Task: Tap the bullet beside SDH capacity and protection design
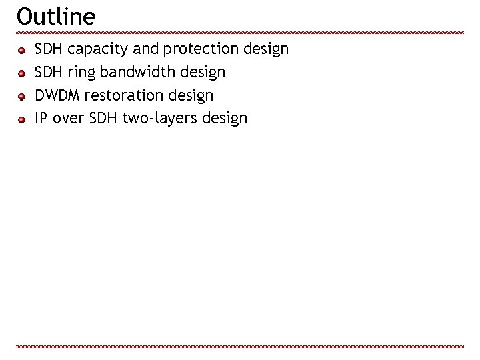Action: [x=22, y=49]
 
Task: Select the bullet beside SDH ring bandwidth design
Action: [x=22, y=72]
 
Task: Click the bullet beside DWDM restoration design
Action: [x=22, y=96]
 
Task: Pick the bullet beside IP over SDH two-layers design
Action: [x=22, y=119]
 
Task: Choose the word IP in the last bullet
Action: [x=40, y=119]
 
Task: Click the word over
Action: [x=67, y=119]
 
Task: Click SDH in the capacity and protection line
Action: [x=49, y=49]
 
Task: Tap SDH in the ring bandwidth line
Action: [x=49, y=72]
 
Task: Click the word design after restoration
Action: [x=191, y=96]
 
